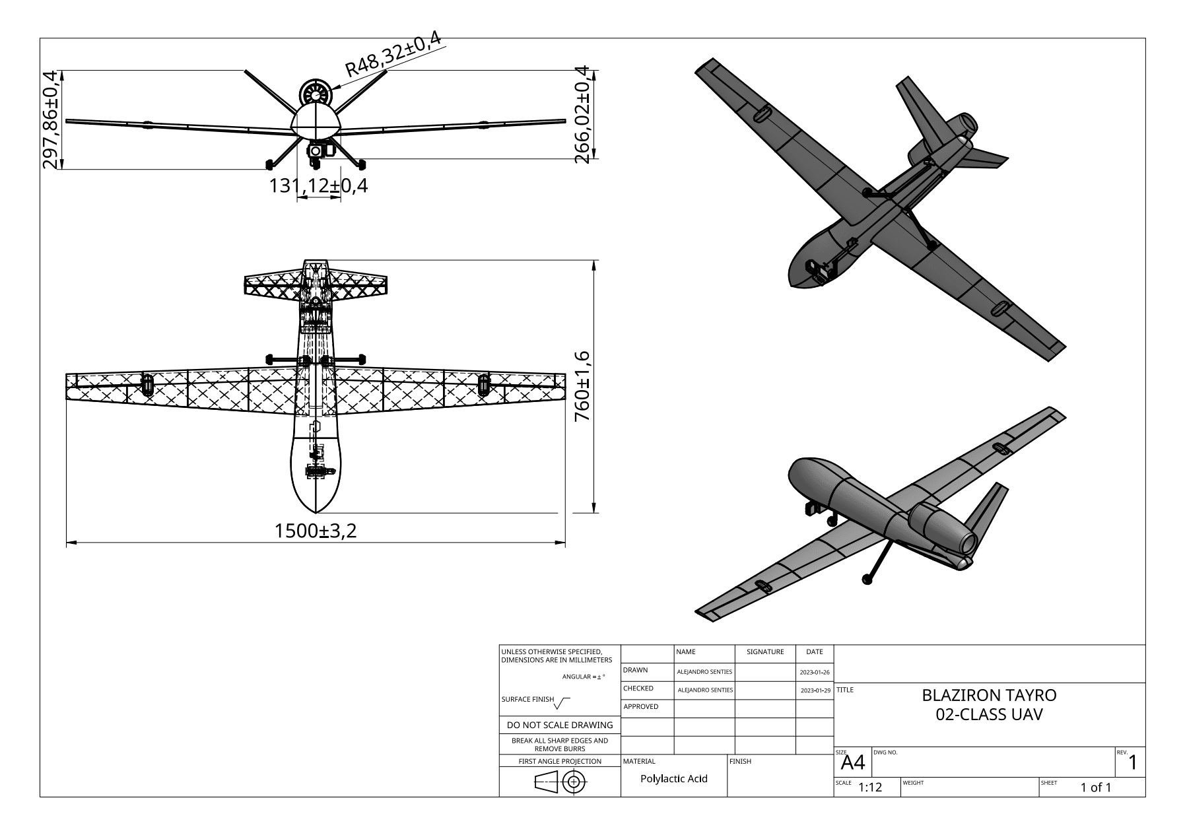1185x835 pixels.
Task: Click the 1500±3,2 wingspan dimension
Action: pyautogui.click(x=316, y=531)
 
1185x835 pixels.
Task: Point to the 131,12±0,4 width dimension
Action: pyautogui.click(x=318, y=186)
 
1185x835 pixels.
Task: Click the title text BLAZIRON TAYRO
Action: pyautogui.click(x=989, y=695)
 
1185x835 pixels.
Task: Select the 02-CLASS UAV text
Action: pyautogui.click(x=989, y=715)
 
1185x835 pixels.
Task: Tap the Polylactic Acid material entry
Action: pyautogui.click(x=673, y=779)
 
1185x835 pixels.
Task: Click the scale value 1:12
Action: pyautogui.click(x=870, y=787)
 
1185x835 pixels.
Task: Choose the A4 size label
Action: pyautogui.click(x=853, y=764)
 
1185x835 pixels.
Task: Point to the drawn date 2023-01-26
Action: pyautogui.click(x=815, y=672)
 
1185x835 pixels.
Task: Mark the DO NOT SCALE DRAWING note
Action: pyautogui.click(x=559, y=725)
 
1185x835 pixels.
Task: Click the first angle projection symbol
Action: pyautogui.click(x=560, y=783)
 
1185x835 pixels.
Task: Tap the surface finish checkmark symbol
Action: pyautogui.click(x=562, y=704)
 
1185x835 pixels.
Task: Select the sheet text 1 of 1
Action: pyautogui.click(x=1096, y=787)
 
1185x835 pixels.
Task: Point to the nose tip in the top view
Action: pyautogui.click(x=316, y=512)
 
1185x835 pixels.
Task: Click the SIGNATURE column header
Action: pyautogui.click(x=765, y=651)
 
